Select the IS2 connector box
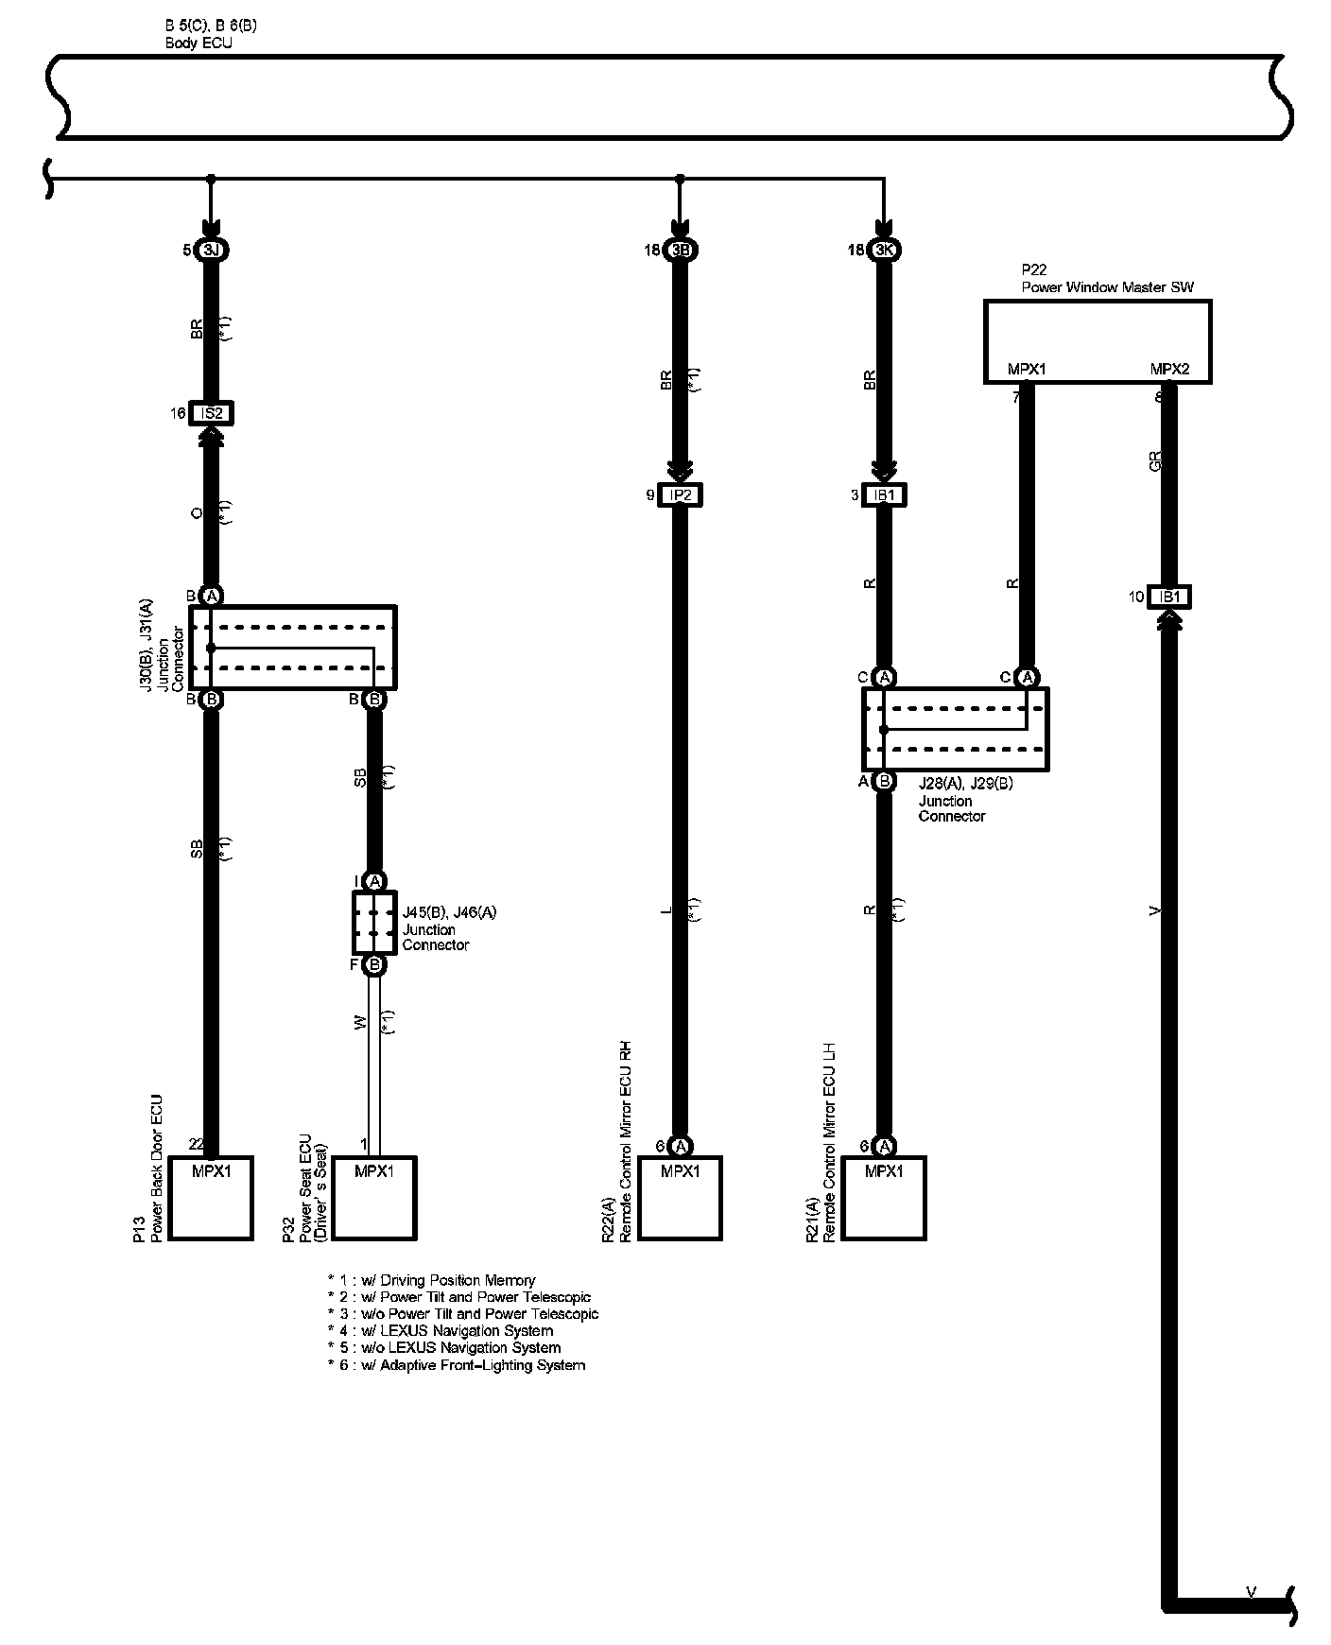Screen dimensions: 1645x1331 tap(211, 413)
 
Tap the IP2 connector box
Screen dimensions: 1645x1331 tap(680, 494)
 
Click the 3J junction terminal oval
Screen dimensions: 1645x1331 tap(211, 251)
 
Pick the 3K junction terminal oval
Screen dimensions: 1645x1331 tap(884, 251)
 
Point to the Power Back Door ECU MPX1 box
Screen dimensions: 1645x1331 tap(211, 1198)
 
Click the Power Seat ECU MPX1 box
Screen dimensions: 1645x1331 tap(374, 1198)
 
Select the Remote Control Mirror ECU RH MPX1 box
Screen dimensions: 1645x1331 tap(680, 1198)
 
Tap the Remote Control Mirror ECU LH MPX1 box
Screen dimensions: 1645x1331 tap(884, 1198)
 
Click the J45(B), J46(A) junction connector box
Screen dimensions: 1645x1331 tap(374, 923)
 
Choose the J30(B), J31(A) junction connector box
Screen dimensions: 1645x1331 tap(293, 648)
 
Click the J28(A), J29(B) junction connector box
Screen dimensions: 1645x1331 tap(955, 729)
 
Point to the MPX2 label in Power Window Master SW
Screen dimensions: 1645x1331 tap(1169, 370)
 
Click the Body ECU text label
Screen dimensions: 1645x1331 tap(198, 43)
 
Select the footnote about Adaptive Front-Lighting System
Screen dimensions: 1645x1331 tap(457, 1365)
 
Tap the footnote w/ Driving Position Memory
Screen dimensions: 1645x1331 tap(432, 1280)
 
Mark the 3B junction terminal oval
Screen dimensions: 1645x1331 tap(680, 251)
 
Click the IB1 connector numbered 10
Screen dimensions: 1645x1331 tap(1169, 597)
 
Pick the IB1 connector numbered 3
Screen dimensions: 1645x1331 tap(884, 494)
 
